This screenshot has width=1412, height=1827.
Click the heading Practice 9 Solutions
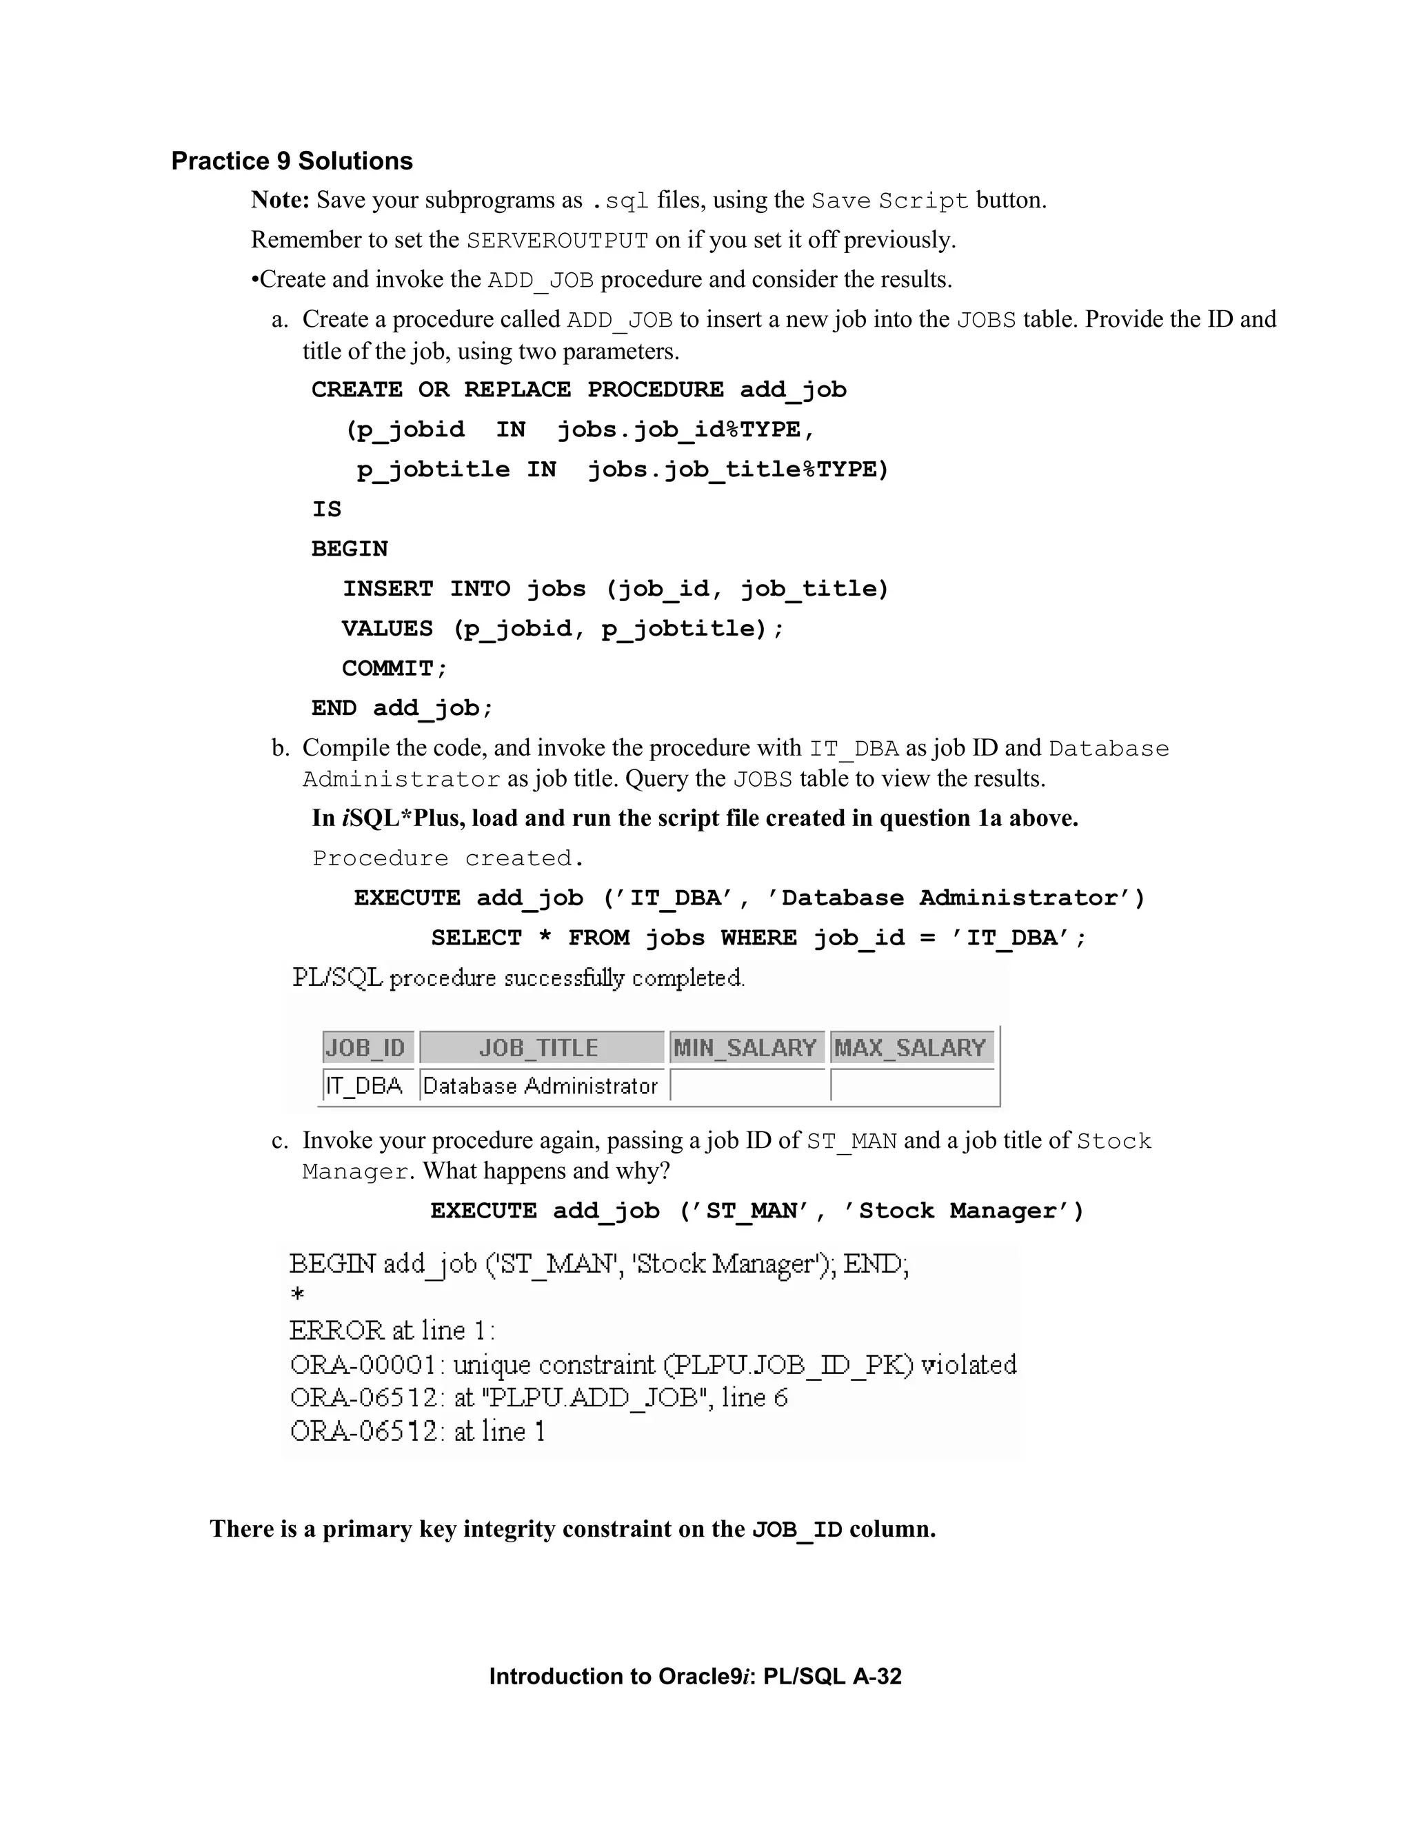(292, 161)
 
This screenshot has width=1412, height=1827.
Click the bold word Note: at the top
(280, 200)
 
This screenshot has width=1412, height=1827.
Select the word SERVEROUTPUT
(557, 241)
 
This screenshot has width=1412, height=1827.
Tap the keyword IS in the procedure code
(326, 509)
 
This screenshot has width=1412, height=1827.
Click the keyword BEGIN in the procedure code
(350, 549)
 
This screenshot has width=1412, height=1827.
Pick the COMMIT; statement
(395, 668)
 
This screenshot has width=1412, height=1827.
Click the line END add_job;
(403, 709)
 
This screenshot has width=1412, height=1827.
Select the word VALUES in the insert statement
(387, 628)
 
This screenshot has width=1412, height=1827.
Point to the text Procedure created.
(447, 858)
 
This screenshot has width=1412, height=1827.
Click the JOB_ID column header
(365, 1047)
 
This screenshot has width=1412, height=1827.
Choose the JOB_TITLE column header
(538, 1047)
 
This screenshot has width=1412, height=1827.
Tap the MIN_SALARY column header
(745, 1047)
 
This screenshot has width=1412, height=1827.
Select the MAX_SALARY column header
(910, 1047)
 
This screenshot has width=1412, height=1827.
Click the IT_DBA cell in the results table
(365, 1086)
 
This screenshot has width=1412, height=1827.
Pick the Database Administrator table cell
(541, 1086)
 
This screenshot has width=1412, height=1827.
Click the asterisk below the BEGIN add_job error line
(297, 1295)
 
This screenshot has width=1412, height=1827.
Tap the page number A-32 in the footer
(877, 1677)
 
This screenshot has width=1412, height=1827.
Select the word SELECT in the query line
(476, 938)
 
